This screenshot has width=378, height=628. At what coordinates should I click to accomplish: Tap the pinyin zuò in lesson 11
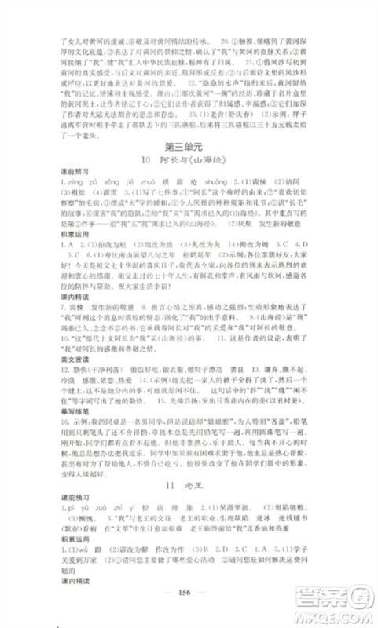pyautogui.click(x=97, y=510)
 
